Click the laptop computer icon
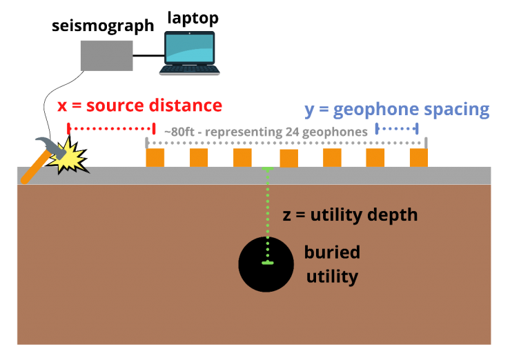click(190, 53)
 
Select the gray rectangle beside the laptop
click(106, 55)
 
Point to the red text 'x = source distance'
click(139, 106)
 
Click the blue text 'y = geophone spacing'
click(396, 110)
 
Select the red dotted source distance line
click(110, 128)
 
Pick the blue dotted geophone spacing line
click(397, 128)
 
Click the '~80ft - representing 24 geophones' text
click(266, 132)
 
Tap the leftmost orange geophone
click(155, 157)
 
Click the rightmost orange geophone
click(419, 157)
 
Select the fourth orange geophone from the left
click(288, 158)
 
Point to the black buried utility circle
click(266, 264)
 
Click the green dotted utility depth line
click(268, 214)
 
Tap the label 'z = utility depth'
click(350, 214)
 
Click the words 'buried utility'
click(332, 264)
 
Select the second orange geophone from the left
click(199, 157)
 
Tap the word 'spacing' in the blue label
click(456, 110)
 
